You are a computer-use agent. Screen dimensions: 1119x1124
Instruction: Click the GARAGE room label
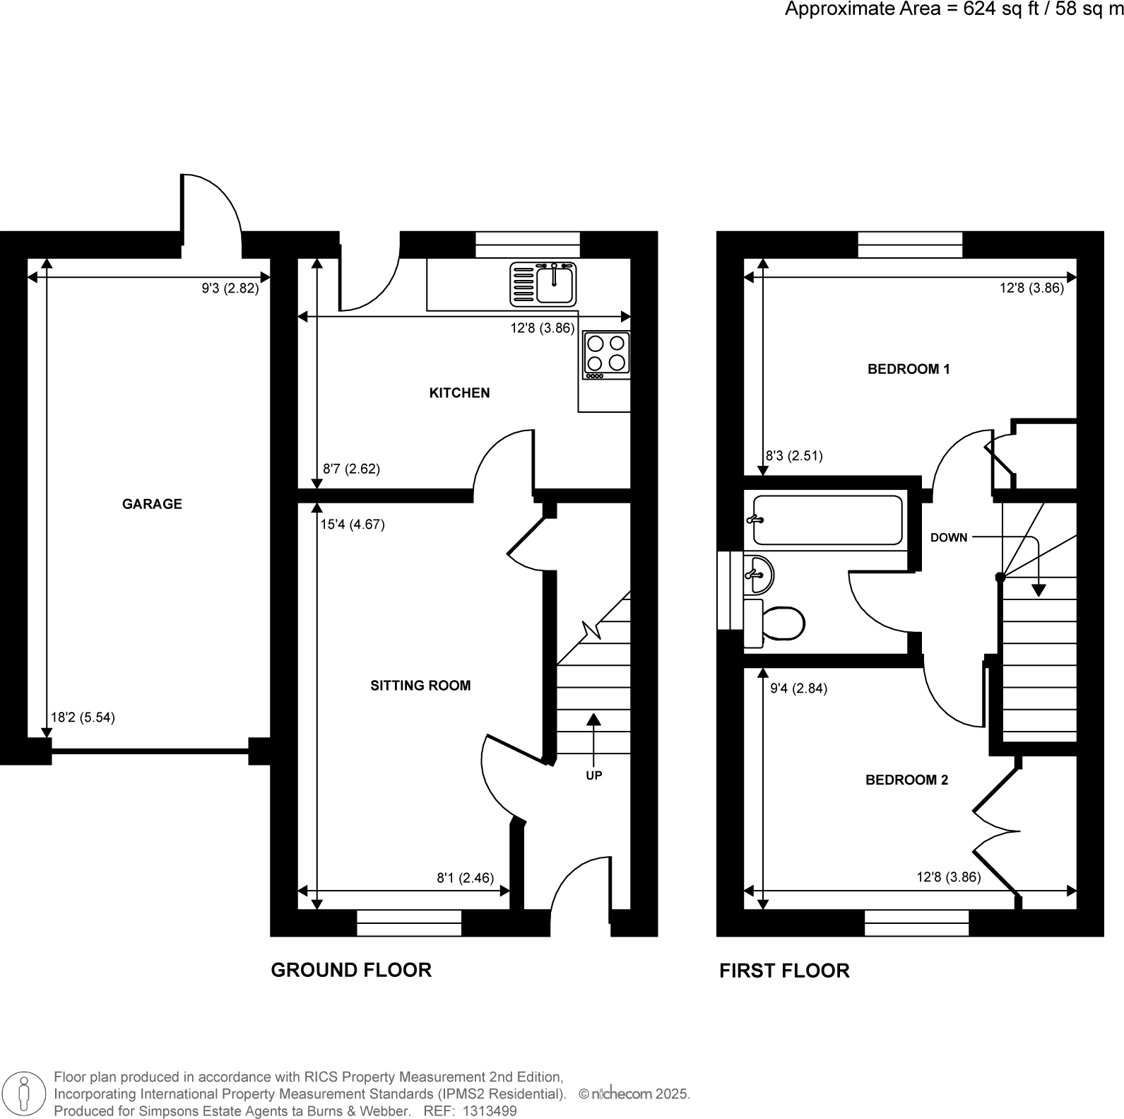click(152, 504)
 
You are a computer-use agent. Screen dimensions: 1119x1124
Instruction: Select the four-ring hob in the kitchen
click(606, 353)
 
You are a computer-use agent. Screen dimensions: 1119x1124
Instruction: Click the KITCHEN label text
click(459, 393)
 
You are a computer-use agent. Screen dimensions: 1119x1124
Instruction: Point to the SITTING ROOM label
click(420, 685)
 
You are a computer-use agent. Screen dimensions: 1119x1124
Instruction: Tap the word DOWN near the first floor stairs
click(948, 537)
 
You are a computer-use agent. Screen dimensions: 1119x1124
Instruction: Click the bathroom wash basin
click(759, 574)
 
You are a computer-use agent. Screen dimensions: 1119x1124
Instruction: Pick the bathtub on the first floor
click(827, 520)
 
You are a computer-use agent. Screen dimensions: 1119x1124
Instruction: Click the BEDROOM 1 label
click(909, 369)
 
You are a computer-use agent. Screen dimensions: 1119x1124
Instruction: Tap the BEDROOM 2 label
click(906, 780)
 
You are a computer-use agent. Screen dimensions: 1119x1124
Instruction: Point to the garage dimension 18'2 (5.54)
click(83, 717)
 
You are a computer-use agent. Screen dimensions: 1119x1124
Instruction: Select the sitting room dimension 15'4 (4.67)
click(353, 525)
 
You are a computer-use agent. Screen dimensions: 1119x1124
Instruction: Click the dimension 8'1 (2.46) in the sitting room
click(465, 878)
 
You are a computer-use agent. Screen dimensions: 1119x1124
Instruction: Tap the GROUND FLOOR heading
click(351, 970)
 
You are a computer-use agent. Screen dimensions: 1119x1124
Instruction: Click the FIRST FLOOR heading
click(784, 971)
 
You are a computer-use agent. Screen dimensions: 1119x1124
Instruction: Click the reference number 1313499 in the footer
click(489, 1111)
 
